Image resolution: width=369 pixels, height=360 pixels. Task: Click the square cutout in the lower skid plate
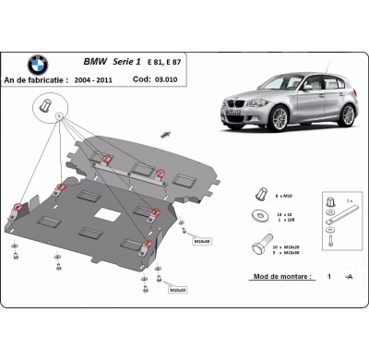108,223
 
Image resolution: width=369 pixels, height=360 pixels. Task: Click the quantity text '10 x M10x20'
293,247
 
